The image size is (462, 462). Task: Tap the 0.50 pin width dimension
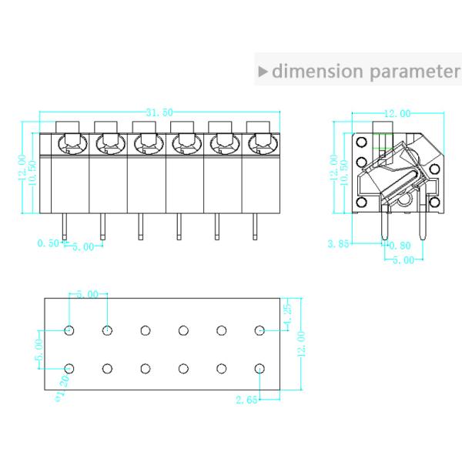pos(47,244)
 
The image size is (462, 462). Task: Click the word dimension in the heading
pos(317,72)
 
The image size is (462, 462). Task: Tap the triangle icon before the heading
pos(263,72)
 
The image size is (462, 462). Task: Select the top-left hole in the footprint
pos(69,330)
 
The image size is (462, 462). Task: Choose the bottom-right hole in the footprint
pos(260,368)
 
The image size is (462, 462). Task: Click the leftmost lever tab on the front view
pos(68,126)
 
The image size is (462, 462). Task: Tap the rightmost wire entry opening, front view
pos(258,143)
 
